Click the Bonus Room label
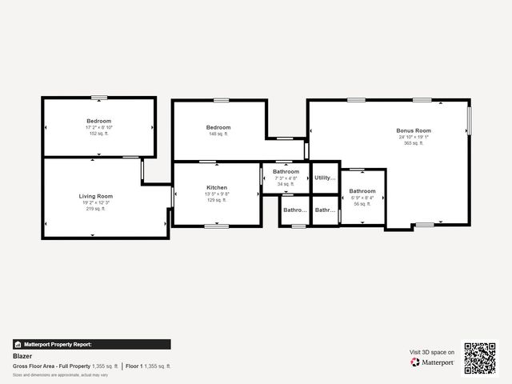click(x=414, y=130)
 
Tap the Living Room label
click(x=96, y=196)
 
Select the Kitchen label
click(x=217, y=187)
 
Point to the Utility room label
click(x=325, y=178)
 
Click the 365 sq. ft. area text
click(x=414, y=143)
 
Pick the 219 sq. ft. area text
click(x=96, y=209)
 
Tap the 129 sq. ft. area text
click(x=217, y=200)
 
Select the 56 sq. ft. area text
click(x=362, y=204)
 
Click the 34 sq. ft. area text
click(x=286, y=184)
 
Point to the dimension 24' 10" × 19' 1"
click(x=414, y=137)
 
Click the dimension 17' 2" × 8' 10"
click(x=99, y=127)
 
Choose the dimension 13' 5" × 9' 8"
click(x=217, y=194)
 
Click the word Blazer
click(x=22, y=356)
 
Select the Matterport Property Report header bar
click(x=91, y=344)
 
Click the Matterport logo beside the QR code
click(x=433, y=362)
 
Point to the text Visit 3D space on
click(x=432, y=352)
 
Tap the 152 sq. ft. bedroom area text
click(x=99, y=134)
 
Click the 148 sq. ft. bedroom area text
click(x=218, y=134)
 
